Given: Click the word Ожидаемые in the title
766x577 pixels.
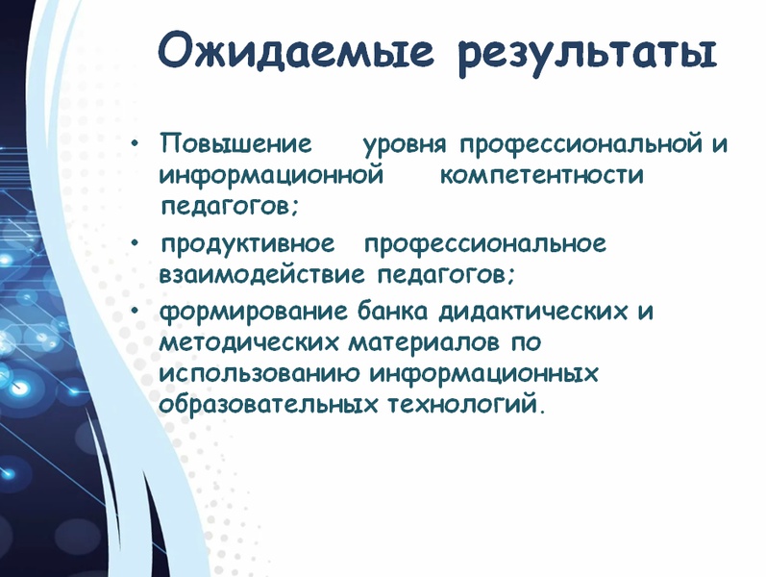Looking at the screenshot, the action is (x=296, y=50).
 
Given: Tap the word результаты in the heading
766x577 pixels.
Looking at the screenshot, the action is (x=587, y=55).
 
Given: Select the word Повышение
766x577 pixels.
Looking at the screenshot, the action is (x=235, y=143).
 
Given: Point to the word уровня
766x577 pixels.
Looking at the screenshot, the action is (x=405, y=146).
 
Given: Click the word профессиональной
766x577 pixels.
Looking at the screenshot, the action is (x=581, y=145).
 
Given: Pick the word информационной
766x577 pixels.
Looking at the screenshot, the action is (x=271, y=176).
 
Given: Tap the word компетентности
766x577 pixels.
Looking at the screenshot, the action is (x=542, y=175).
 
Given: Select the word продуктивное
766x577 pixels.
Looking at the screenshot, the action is (x=248, y=244).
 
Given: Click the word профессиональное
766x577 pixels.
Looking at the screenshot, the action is (x=485, y=244).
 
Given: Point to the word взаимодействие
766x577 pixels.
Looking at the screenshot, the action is (x=261, y=274).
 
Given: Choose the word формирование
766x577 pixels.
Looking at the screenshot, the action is (x=253, y=312).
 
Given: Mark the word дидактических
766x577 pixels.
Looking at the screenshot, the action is (x=533, y=312).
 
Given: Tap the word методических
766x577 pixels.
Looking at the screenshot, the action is (x=248, y=341).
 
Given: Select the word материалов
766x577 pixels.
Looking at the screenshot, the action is (x=424, y=341).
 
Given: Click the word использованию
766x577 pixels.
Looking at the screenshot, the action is (x=259, y=373).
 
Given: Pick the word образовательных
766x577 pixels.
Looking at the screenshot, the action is (x=269, y=405).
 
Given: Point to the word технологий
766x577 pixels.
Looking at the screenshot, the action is (x=462, y=405).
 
